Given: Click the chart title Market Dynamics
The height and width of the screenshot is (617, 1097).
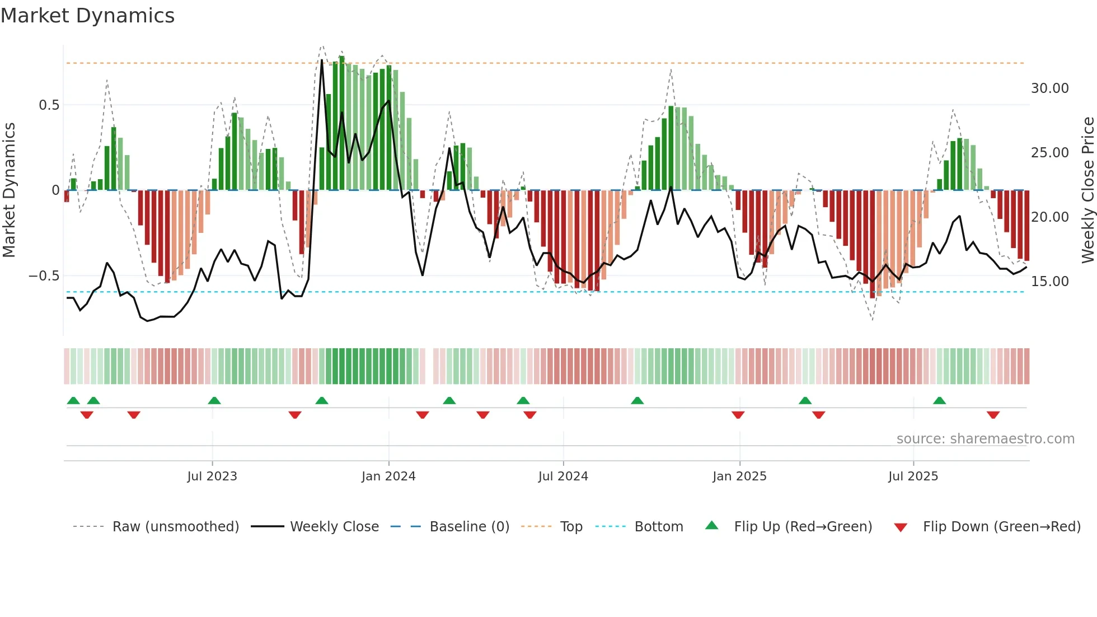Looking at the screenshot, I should (87, 16).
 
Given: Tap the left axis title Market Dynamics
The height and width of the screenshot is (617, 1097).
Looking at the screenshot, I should (9, 190).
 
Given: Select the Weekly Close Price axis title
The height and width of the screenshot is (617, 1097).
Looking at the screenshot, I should (1087, 190).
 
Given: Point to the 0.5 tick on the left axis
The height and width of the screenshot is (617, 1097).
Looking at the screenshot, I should (49, 105).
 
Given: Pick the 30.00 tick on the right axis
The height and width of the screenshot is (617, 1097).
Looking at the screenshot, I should (1049, 88).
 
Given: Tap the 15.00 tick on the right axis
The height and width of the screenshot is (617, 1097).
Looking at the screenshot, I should (1049, 282).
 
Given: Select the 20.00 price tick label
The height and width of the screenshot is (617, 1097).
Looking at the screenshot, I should (1049, 217).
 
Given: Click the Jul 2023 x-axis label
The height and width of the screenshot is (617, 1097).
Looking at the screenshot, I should (212, 476).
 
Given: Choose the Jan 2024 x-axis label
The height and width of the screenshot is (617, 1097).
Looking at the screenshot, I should (388, 476).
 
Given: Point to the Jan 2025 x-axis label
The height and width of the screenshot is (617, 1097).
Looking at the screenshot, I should (739, 476).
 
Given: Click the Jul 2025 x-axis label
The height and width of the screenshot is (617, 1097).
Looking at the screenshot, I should (913, 476).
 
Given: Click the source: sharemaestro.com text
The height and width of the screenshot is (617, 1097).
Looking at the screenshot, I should (985, 439).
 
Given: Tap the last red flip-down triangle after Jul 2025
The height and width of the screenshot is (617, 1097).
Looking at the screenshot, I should (993, 415).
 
